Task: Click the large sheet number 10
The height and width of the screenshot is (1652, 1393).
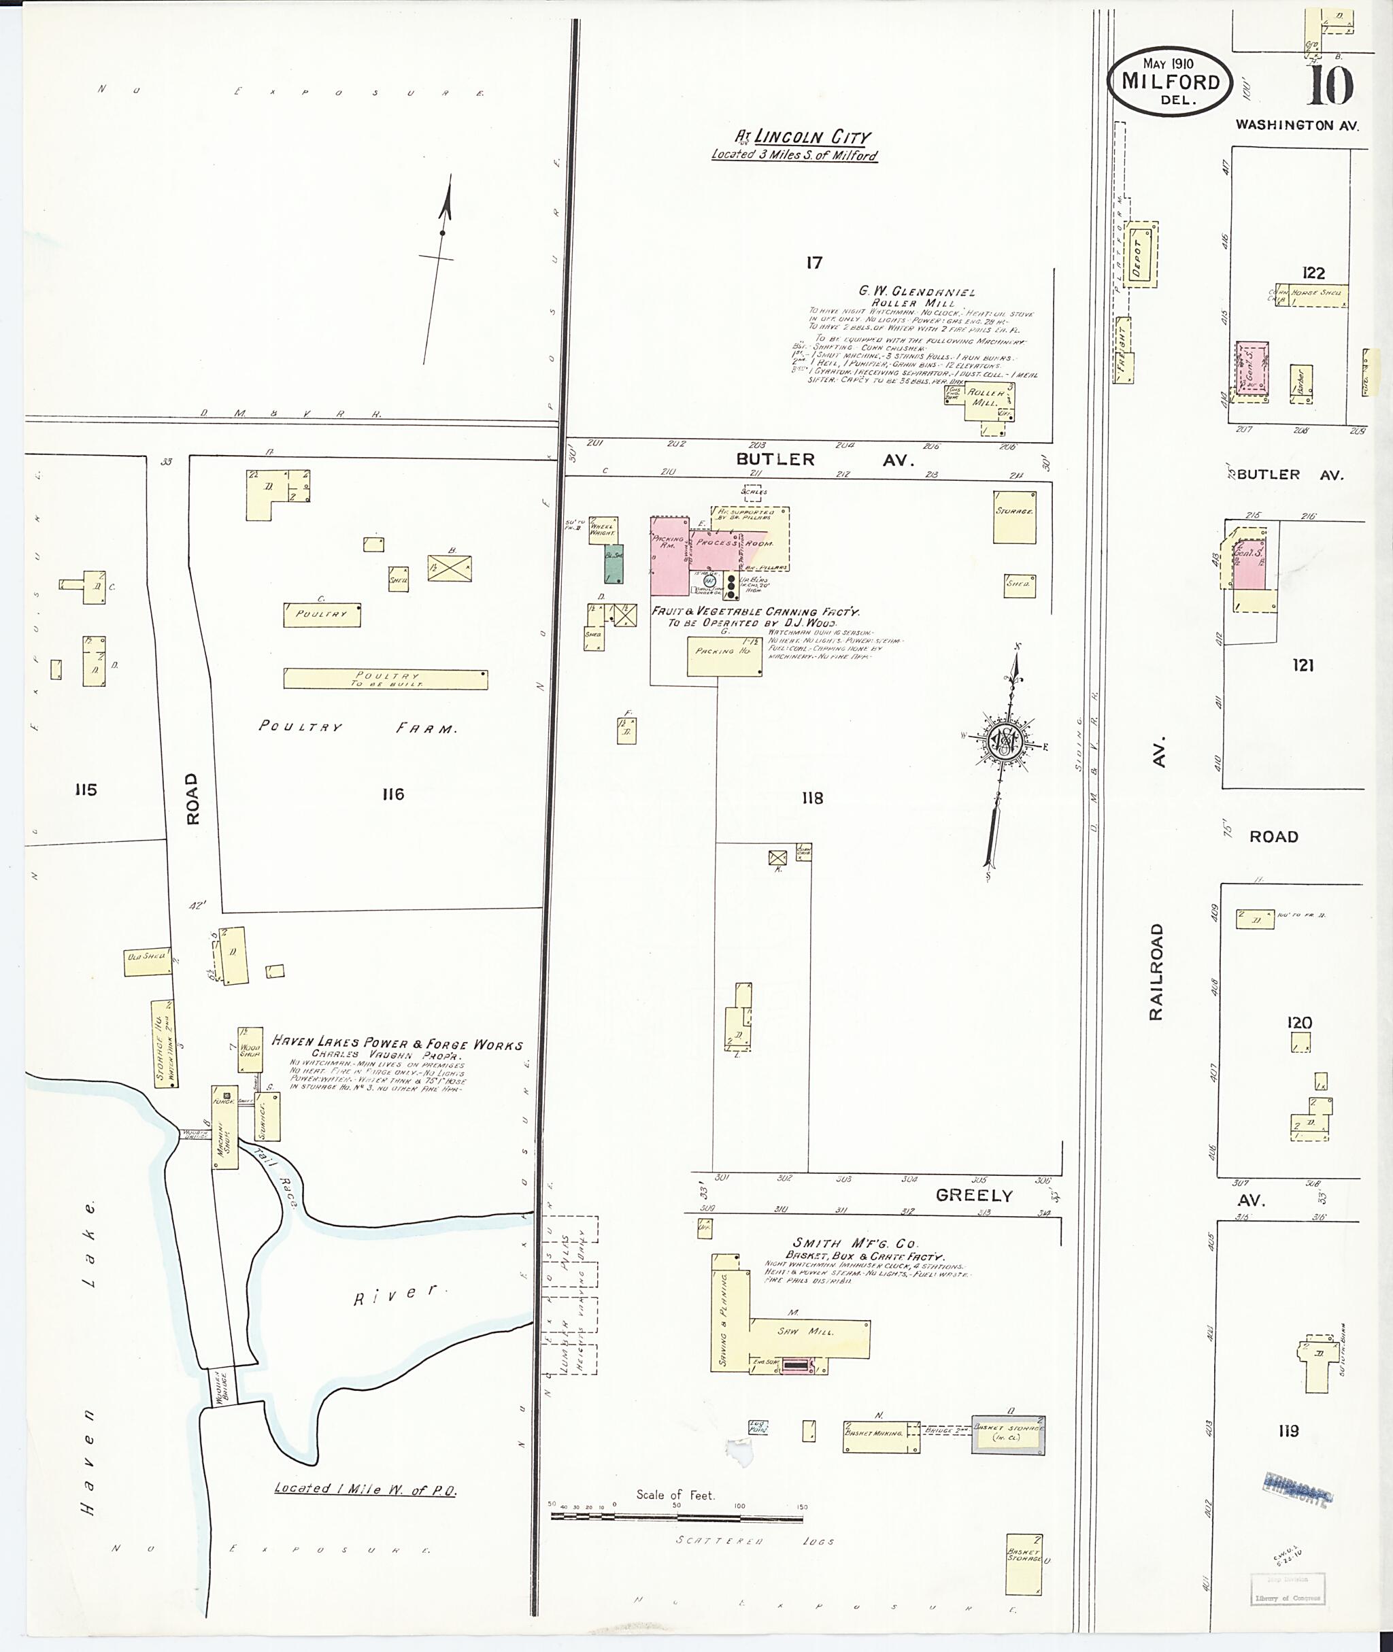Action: pyautogui.click(x=1330, y=85)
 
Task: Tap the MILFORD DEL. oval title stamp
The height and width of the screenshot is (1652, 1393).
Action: pyautogui.click(x=1169, y=82)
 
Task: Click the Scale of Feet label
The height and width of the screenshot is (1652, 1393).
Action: pyautogui.click(x=675, y=1495)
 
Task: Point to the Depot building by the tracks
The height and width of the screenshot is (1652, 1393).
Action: pyautogui.click(x=1142, y=255)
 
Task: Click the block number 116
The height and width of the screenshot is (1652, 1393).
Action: pyautogui.click(x=392, y=794)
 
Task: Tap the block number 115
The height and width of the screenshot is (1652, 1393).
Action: pyautogui.click(x=85, y=790)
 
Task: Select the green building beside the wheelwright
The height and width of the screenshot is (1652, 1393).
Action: pyautogui.click(x=614, y=563)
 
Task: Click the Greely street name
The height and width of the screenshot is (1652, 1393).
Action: pyautogui.click(x=974, y=1196)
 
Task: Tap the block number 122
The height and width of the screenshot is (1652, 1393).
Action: pyautogui.click(x=1313, y=273)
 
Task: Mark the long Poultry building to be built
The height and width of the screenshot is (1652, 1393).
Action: pyautogui.click(x=386, y=679)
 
